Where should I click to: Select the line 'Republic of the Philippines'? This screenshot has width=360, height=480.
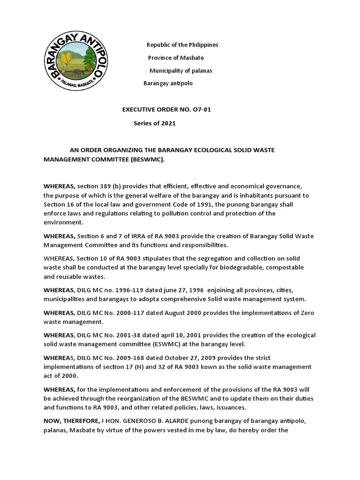click(182, 45)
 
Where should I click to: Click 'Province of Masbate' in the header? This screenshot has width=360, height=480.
click(176, 58)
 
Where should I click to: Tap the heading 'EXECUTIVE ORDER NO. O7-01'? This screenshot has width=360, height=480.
click(170, 110)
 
